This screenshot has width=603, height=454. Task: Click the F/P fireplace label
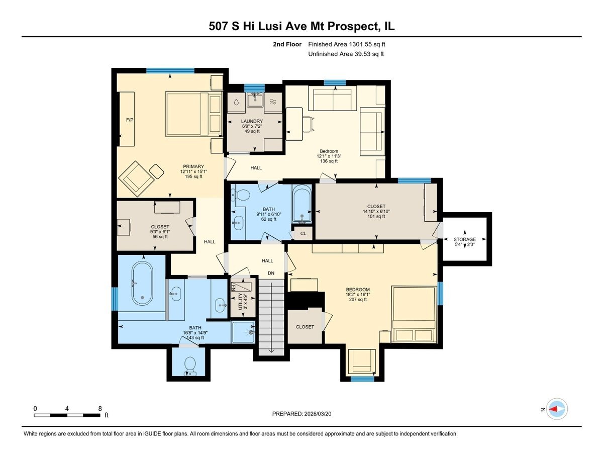(130, 120)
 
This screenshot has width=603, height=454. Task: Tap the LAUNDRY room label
(252, 121)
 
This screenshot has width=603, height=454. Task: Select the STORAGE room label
(464, 239)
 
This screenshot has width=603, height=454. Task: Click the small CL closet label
(304, 234)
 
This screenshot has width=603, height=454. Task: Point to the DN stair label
(271, 273)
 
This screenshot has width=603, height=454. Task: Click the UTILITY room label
(240, 302)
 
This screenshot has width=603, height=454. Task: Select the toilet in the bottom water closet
(190, 366)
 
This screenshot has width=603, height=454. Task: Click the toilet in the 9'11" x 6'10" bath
(242, 196)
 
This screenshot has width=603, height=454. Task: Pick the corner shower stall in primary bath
(243, 332)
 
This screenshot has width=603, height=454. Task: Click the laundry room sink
(255, 100)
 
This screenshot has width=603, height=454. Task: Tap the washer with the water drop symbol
(236, 102)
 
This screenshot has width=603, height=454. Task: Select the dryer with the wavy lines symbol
(273, 102)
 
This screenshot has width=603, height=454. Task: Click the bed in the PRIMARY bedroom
(194, 114)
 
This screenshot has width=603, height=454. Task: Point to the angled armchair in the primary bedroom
(136, 178)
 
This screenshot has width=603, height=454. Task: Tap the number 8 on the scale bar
(100, 408)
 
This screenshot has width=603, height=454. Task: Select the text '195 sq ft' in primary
(193, 176)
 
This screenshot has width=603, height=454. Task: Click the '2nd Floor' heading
(287, 44)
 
